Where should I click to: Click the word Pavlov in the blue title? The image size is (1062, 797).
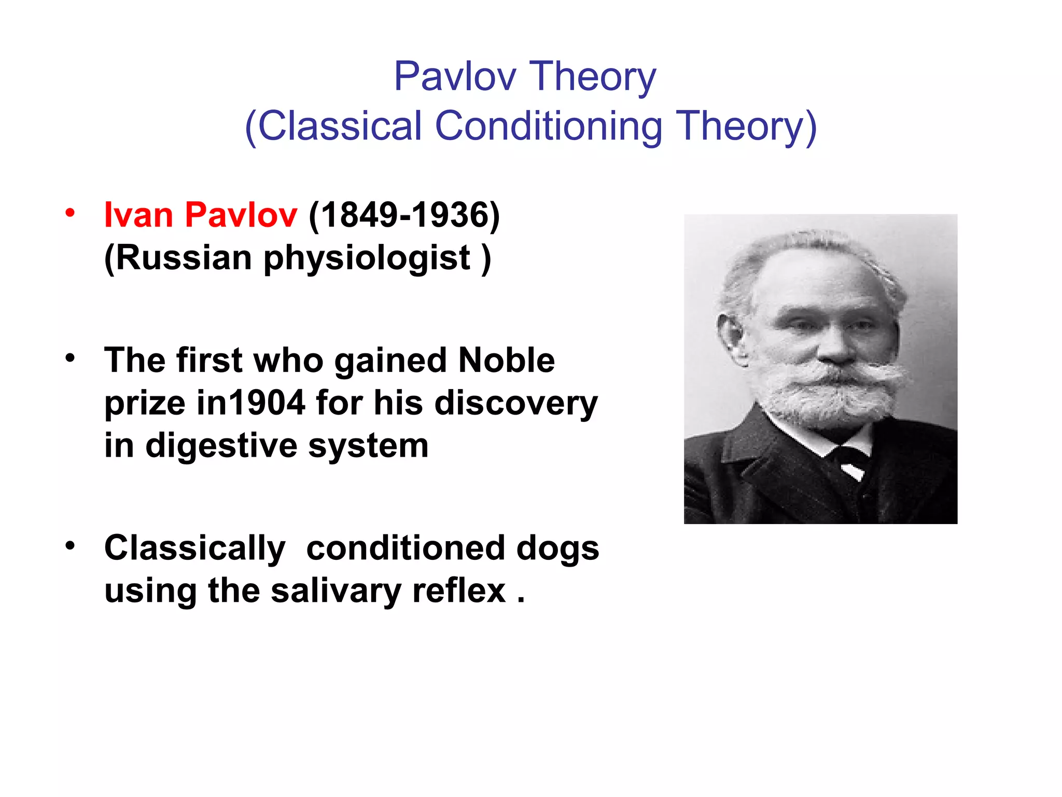pos(455,77)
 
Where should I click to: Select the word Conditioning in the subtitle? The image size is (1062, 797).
pos(549,126)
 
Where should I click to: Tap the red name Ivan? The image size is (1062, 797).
pos(138,214)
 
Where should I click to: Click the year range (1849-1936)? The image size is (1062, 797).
pos(404,214)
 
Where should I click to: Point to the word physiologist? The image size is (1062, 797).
pos(367,258)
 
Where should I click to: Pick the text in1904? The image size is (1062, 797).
pos(251,403)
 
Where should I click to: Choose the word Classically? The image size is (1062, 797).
pos(194,548)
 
